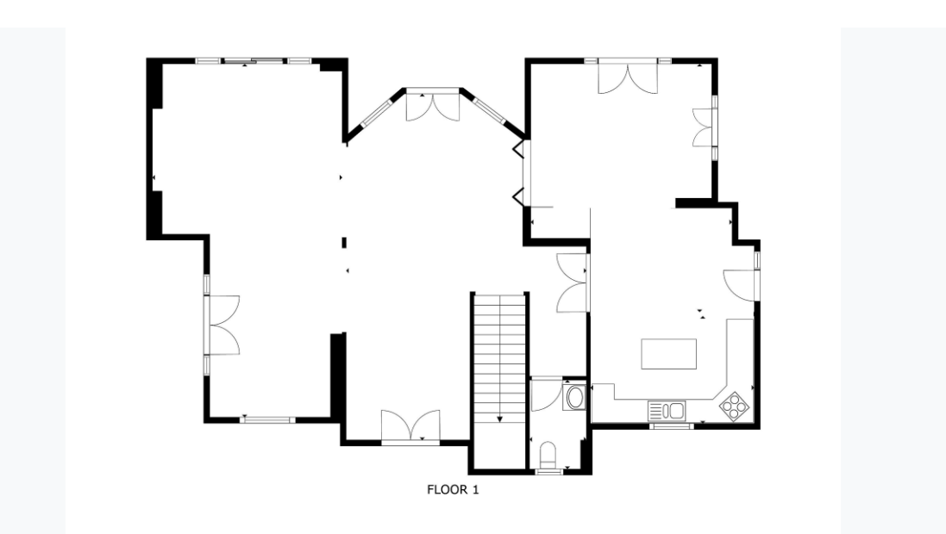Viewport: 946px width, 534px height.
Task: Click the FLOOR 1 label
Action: tap(453, 489)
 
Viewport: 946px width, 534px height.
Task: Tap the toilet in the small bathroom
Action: tap(548, 454)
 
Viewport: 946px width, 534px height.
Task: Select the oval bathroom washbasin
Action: tap(574, 397)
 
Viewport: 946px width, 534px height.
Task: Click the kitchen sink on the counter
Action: tap(667, 411)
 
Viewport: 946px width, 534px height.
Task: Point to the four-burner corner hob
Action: tap(734, 405)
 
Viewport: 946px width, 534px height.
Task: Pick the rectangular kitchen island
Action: tap(668, 354)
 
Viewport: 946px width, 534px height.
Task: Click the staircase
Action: tap(499, 357)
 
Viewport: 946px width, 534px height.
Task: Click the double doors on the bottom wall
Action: tap(410, 425)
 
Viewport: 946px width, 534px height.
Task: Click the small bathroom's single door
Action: tap(547, 394)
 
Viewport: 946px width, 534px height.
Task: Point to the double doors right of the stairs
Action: tap(572, 283)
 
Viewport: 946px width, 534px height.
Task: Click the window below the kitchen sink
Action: tap(671, 426)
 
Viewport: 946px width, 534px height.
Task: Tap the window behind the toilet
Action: tap(548, 472)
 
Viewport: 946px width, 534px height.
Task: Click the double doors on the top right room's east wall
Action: tap(704, 127)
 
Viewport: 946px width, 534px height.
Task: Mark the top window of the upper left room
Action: tap(254, 61)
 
